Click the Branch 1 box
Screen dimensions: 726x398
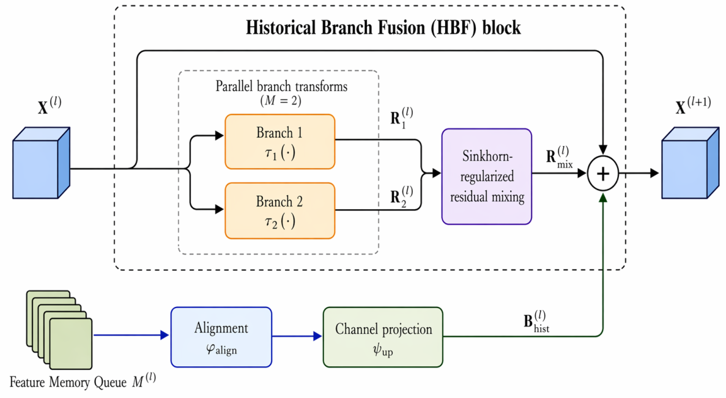(280, 142)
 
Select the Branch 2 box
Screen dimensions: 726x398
(280, 211)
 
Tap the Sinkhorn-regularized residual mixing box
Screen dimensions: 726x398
(487, 176)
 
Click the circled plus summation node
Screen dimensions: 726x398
(603, 174)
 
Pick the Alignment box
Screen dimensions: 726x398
(221, 337)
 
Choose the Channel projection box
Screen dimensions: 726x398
(383, 337)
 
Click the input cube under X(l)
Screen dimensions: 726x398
(41, 163)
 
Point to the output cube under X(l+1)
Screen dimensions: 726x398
(691, 163)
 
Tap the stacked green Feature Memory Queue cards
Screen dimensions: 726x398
(59, 330)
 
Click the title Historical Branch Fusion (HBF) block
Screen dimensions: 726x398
(383, 28)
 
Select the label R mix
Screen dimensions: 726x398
(559, 157)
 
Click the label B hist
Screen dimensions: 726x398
(536, 322)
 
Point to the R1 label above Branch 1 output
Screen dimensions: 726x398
(401, 117)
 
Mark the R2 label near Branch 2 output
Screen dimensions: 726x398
(401, 197)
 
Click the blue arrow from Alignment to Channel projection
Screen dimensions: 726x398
(297, 336)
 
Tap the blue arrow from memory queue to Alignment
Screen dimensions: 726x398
(131, 335)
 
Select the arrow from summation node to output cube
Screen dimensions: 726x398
(639, 174)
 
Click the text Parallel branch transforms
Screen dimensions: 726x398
(281, 87)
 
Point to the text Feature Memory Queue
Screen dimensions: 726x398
(68, 383)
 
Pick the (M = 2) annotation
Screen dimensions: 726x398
(281, 100)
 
